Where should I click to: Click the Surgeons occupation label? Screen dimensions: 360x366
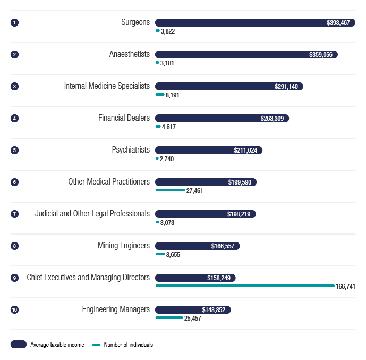click(135, 22)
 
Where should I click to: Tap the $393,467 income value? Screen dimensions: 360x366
click(338, 23)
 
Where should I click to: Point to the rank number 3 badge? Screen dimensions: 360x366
click(14, 86)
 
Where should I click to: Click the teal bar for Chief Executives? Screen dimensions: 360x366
click(244, 286)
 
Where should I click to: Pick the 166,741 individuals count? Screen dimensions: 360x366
click(345, 287)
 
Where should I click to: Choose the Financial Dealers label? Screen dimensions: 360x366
click(124, 118)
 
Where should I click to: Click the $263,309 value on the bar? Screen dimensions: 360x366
click(272, 119)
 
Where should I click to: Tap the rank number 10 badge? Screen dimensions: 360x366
click(14, 309)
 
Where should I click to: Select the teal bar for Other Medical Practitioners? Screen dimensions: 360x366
click(170, 190)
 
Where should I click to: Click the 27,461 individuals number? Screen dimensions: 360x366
click(194, 191)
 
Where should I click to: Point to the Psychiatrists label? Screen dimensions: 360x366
click(127, 150)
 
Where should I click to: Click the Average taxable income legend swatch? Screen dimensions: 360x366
click(19, 345)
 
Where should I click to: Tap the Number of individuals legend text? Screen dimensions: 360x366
click(128, 345)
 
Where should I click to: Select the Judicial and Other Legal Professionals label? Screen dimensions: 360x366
click(92, 214)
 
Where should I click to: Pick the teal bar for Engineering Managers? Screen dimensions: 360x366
click(169, 318)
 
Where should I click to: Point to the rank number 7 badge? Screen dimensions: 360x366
click(14, 214)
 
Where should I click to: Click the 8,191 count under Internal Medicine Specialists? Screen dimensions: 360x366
click(173, 95)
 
